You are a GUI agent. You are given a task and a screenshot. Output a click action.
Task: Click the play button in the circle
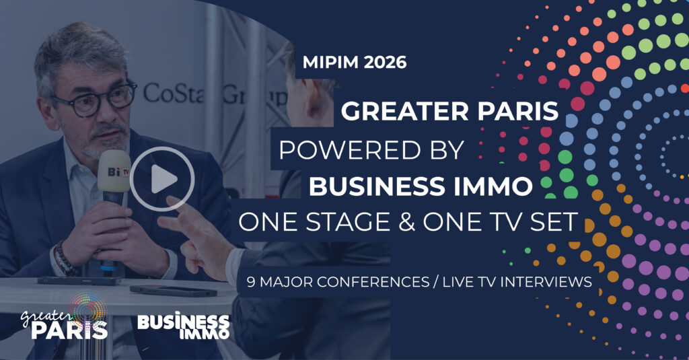[x=162, y=179]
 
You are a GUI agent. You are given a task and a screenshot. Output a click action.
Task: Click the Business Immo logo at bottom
[x=183, y=326]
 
